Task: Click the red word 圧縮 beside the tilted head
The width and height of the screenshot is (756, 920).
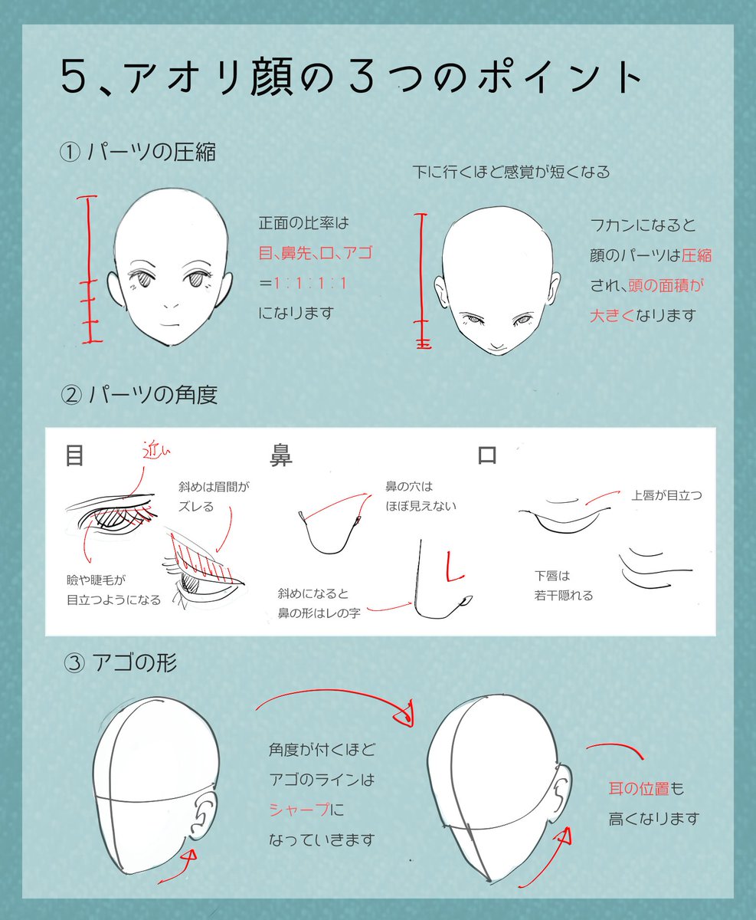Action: pyautogui.click(x=697, y=255)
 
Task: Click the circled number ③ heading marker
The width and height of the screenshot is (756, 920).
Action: pyautogui.click(x=74, y=662)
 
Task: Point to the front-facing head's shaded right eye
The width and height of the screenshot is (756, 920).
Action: pyautogui.click(x=198, y=282)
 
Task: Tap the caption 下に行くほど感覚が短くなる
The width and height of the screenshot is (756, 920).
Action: pyautogui.click(x=511, y=172)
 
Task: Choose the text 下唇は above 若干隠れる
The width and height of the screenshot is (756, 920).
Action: pyautogui.click(x=553, y=575)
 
